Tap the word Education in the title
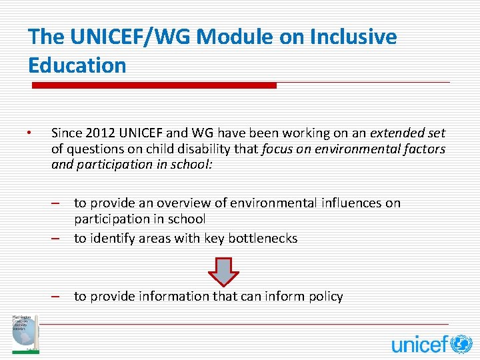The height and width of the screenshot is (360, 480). tap(77, 65)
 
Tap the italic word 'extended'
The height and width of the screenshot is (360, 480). tap(397, 133)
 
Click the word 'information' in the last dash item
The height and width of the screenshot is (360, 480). tap(172, 296)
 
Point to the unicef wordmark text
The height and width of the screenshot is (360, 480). tap(419, 344)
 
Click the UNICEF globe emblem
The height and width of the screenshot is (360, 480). tap(461, 344)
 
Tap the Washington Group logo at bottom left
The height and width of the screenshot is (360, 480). tap(25, 333)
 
